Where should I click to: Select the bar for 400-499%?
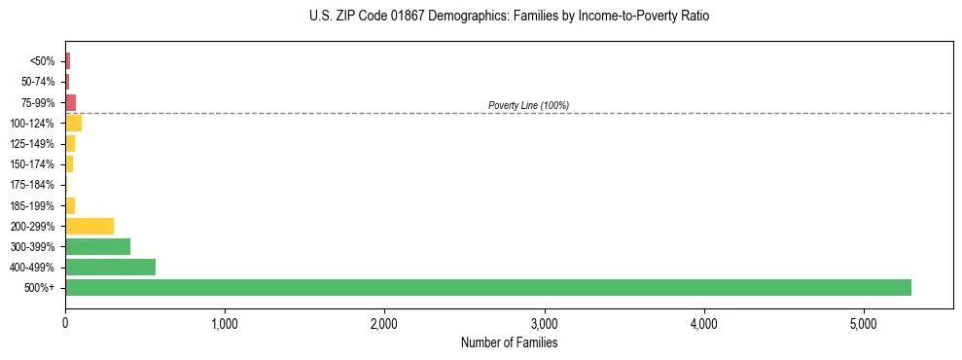(110, 267)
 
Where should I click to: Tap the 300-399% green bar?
(97, 246)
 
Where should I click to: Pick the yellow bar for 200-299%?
(89, 226)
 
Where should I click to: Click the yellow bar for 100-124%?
(73, 124)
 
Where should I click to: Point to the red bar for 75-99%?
(70, 102)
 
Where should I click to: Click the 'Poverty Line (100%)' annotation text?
(528, 105)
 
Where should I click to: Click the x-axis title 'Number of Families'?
(509, 342)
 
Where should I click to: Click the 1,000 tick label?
(225, 323)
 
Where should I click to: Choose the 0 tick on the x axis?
(65, 323)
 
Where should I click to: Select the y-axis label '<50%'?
(43, 61)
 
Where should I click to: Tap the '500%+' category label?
(40, 288)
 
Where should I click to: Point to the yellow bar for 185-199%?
(70, 205)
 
